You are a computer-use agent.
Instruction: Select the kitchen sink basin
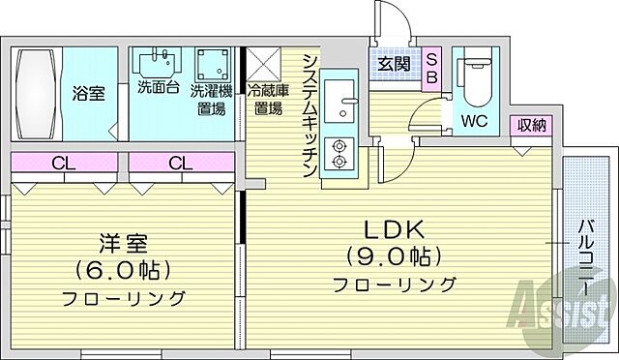tap(339, 98)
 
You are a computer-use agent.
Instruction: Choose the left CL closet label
tap(59, 163)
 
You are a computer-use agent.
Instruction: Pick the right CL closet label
tap(180, 163)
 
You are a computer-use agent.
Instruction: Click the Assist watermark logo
tap(570, 310)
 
